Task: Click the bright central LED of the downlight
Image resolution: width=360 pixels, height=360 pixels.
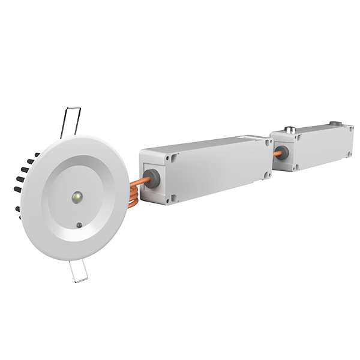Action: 77,196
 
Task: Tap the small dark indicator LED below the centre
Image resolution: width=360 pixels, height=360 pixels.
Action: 79,226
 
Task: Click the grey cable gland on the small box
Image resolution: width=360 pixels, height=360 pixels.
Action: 283,153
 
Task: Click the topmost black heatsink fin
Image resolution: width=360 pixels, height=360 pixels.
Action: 37,155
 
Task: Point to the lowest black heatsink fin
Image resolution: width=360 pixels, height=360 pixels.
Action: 18,209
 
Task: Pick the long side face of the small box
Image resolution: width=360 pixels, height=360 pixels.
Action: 324,147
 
